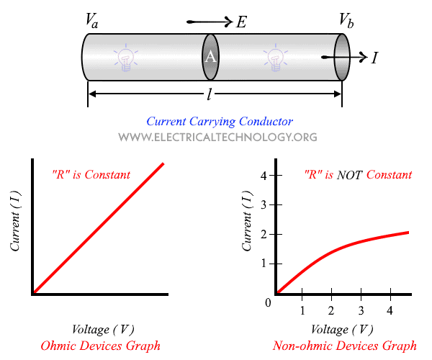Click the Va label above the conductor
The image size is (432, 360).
pos(91,21)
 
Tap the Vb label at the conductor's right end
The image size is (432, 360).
pos(346,21)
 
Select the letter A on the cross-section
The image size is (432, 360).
pos(210,57)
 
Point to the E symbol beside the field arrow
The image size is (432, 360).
pos(240,22)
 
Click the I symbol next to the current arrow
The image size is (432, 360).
pos(374,58)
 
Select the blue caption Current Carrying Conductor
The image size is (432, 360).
pos(219,122)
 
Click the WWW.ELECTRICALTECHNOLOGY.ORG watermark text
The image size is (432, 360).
pos(217,137)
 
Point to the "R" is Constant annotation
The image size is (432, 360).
pos(91,175)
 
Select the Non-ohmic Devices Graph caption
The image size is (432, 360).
pos(345,345)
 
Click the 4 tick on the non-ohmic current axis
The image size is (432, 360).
pos(264,175)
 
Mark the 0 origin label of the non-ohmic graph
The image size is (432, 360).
pos(267,302)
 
